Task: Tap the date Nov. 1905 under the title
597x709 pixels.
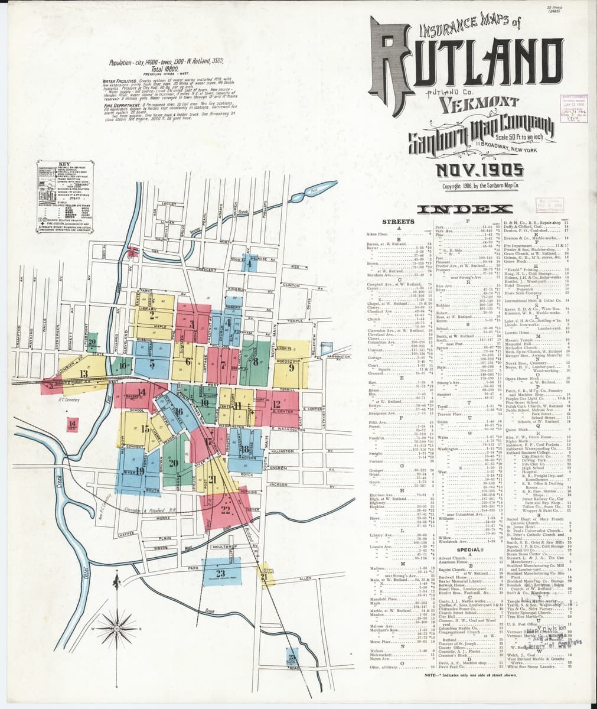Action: point(478,171)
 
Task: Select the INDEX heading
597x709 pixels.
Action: point(472,209)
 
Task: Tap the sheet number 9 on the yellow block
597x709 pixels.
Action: point(291,367)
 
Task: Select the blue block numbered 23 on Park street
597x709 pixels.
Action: point(221,573)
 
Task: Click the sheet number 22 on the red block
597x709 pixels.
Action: point(226,509)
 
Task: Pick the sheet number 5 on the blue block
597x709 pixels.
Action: point(152,364)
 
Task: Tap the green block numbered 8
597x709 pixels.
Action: point(256,362)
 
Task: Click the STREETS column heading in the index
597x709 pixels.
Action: point(399,222)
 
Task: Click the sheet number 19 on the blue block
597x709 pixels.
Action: point(140,470)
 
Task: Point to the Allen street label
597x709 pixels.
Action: point(305,579)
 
